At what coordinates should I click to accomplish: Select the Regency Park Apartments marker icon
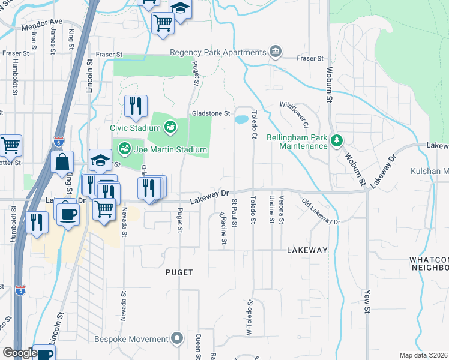276,52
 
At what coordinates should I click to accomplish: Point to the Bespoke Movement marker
176,339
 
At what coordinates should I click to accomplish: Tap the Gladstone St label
211,113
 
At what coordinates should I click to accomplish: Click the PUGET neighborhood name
179,272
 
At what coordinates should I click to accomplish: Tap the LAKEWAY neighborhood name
307,250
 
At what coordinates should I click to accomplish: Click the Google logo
20,353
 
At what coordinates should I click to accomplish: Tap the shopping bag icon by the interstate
62,162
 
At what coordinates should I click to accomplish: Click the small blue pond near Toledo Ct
242,119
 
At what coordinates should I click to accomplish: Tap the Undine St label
272,209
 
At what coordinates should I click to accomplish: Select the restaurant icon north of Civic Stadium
136,106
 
